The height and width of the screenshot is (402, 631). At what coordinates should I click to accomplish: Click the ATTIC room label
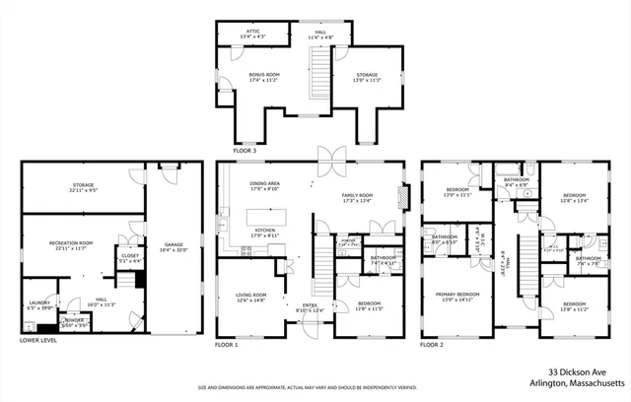[250, 33]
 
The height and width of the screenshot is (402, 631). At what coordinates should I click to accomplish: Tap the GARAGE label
[175, 246]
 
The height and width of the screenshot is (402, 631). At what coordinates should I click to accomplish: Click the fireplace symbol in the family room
[399, 196]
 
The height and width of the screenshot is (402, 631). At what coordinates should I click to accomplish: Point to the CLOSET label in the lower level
[129, 258]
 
